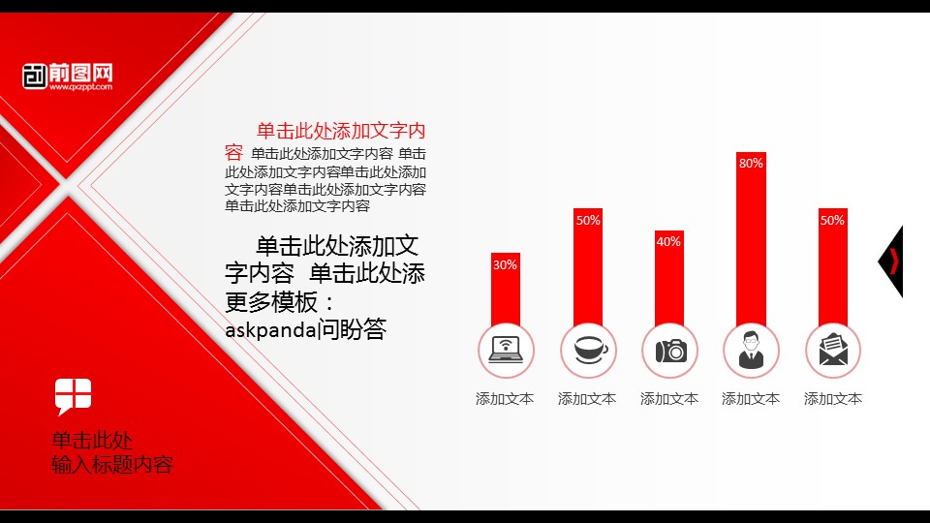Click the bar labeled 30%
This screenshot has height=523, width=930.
(x=506, y=290)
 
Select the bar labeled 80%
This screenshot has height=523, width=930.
(x=751, y=239)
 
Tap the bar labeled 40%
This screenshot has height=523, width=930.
(x=669, y=278)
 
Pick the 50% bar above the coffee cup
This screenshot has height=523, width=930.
(x=588, y=267)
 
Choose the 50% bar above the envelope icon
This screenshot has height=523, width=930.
(x=833, y=267)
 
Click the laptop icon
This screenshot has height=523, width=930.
(x=506, y=350)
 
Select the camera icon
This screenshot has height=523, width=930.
(x=670, y=351)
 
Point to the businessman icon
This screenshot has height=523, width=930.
(x=751, y=350)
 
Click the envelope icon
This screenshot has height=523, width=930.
(x=833, y=350)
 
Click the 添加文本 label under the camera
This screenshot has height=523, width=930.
(x=669, y=398)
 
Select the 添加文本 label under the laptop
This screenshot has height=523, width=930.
(x=505, y=398)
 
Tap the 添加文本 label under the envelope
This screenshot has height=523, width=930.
(x=833, y=398)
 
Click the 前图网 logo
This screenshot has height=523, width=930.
(x=68, y=77)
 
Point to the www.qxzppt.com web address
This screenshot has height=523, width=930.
(x=80, y=87)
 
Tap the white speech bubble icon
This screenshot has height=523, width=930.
(x=73, y=396)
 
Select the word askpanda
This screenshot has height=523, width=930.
(x=270, y=329)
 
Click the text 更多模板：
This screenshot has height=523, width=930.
(x=279, y=302)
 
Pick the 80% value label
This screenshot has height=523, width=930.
(x=751, y=163)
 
